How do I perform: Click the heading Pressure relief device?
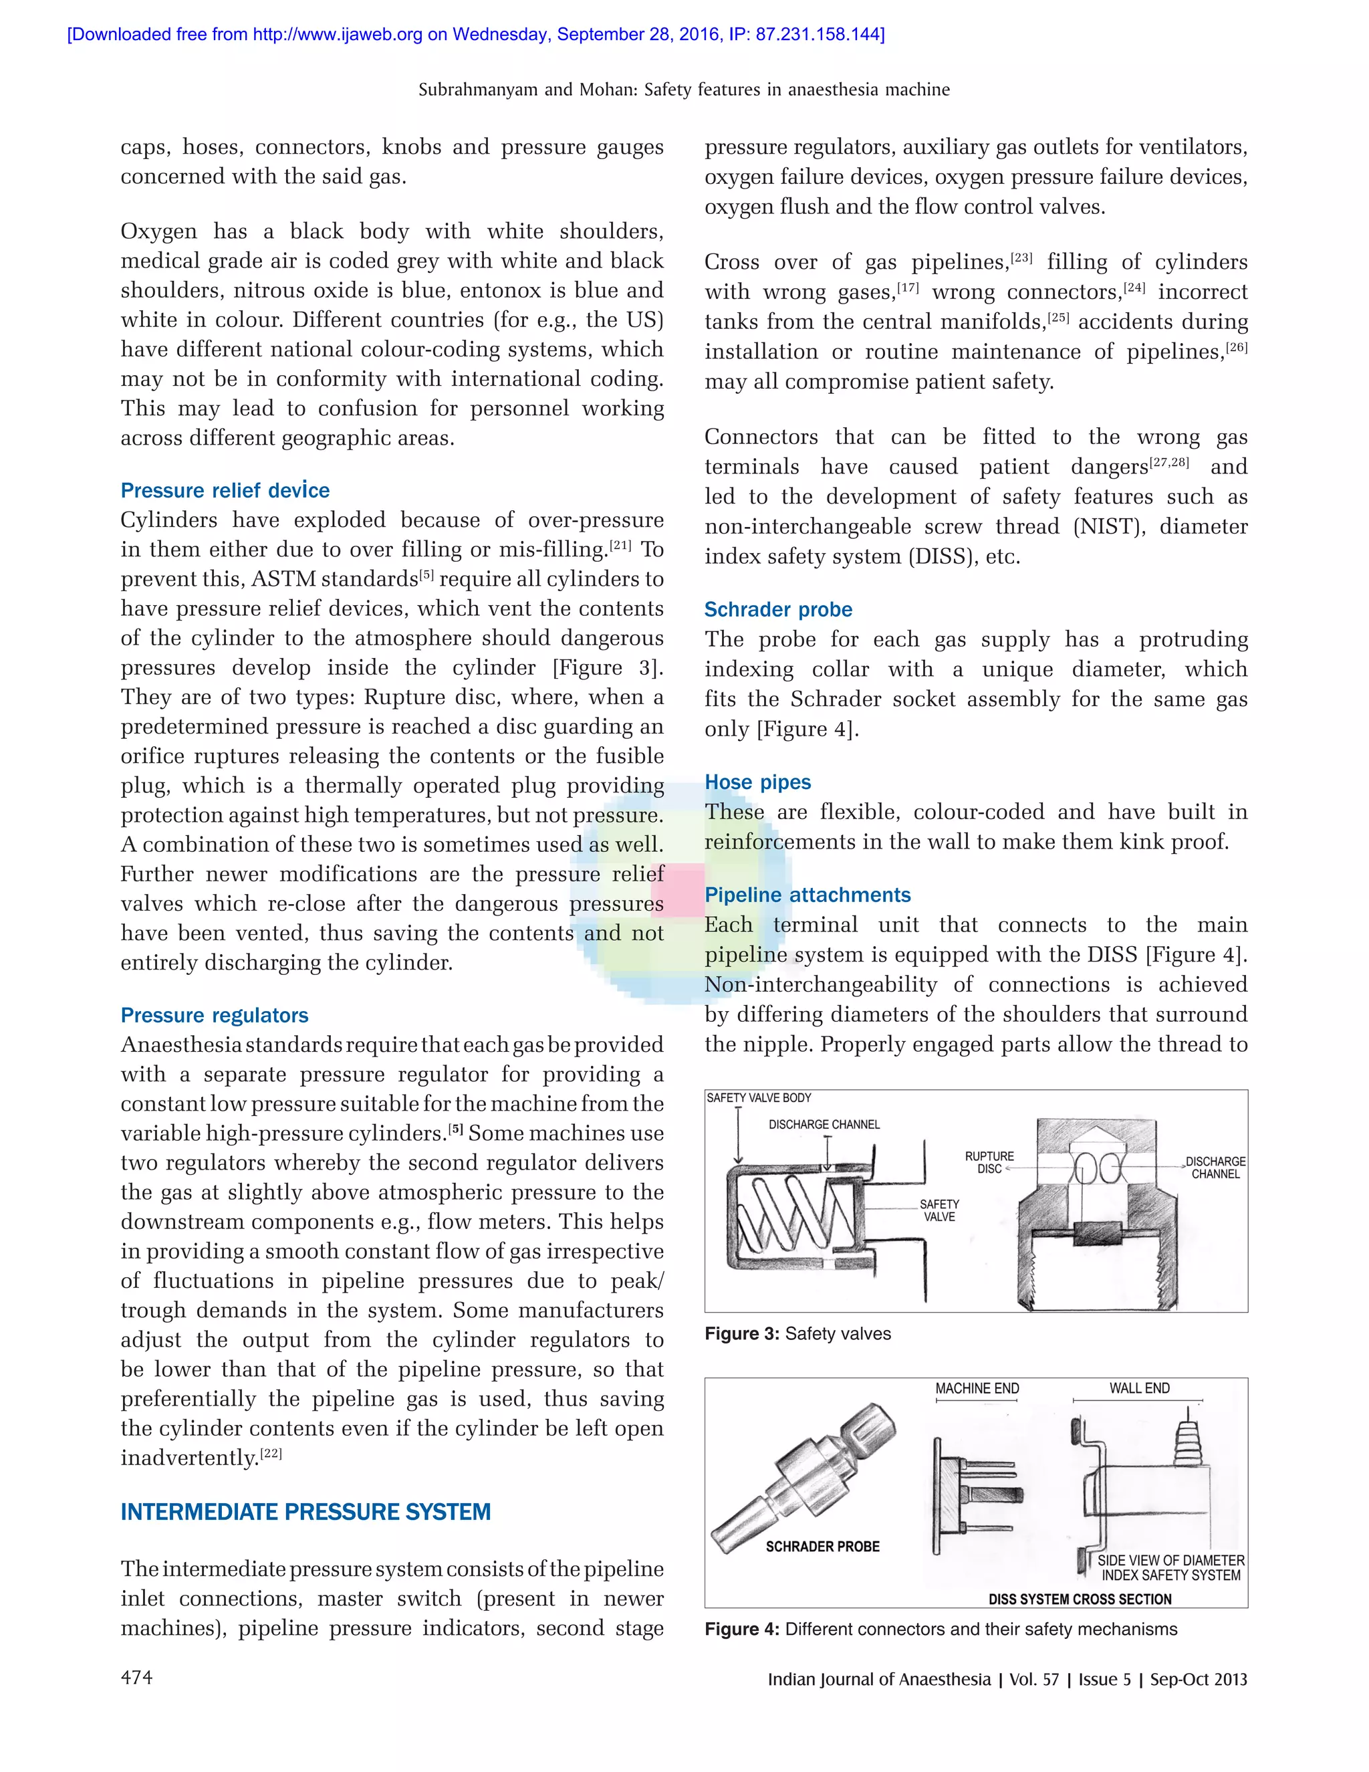point(225,490)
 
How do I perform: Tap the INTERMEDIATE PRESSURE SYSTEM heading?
point(305,1512)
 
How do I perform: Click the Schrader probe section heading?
point(778,609)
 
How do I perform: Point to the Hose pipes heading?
point(757,782)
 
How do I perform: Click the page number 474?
point(136,1677)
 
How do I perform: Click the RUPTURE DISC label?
point(989,1162)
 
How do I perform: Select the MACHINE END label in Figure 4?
point(977,1388)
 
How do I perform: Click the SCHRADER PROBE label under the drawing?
point(822,1547)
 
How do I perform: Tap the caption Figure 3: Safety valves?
point(797,1334)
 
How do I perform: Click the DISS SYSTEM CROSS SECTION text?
point(1080,1599)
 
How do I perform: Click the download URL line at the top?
point(475,34)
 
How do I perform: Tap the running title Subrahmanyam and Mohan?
point(684,89)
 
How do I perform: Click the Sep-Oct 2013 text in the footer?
point(1198,1678)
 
